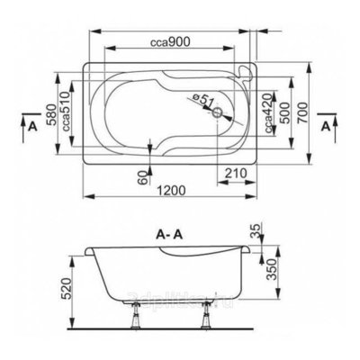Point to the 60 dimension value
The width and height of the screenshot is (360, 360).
pos(141,176)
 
